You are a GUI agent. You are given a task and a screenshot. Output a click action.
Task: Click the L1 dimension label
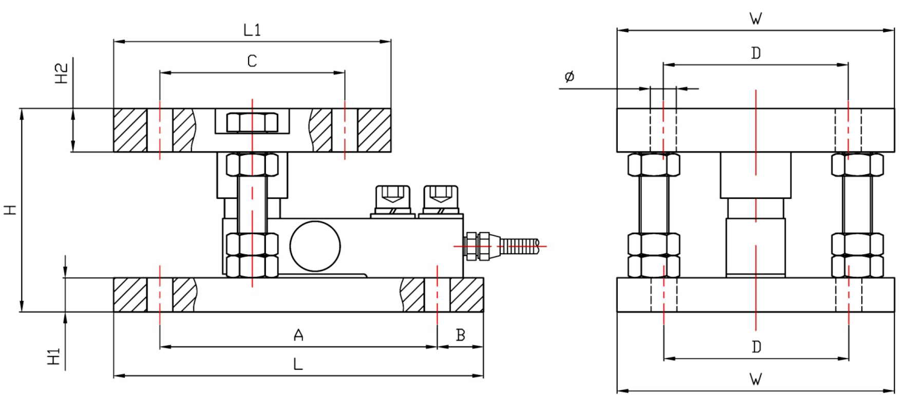tap(252, 30)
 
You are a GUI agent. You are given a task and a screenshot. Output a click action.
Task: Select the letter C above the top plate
tap(252, 61)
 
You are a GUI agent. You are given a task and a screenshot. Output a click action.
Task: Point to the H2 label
tap(62, 73)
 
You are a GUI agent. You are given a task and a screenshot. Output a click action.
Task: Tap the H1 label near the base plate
tap(54, 356)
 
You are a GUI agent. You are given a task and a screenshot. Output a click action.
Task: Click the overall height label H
tap(11, 209)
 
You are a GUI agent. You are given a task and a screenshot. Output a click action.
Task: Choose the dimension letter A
tap(298, 335)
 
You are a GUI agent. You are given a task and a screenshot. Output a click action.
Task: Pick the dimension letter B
tap(460, 335)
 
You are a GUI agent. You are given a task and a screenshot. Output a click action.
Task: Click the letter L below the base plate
tap(298, 364)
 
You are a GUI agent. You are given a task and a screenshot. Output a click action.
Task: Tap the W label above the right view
tap(755, 19)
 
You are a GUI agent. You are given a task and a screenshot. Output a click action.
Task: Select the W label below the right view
tap(755, 379)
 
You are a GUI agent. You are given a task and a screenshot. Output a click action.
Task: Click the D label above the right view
tap(755, 53)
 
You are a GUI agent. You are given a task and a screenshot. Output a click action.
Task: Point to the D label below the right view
tap(756, 347)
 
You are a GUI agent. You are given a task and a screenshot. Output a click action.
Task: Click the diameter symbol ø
tap(569, 77)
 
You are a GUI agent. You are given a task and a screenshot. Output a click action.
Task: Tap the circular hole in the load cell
tap(315, 246)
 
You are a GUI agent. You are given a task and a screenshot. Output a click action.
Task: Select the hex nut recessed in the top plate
tap(252, 122)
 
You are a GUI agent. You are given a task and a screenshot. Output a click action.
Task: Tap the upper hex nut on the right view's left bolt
tap(654, 164)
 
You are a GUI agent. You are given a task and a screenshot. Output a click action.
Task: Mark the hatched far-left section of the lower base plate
tap(130, 294)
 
